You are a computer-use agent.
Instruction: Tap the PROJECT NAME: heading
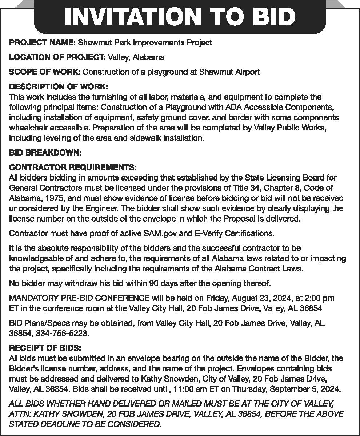tap(42, 43)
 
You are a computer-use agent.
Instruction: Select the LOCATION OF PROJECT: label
tap(57, 57)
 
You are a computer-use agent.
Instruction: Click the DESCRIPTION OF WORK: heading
tap(58, 87)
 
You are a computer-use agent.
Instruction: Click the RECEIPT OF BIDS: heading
tap(45, 348)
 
